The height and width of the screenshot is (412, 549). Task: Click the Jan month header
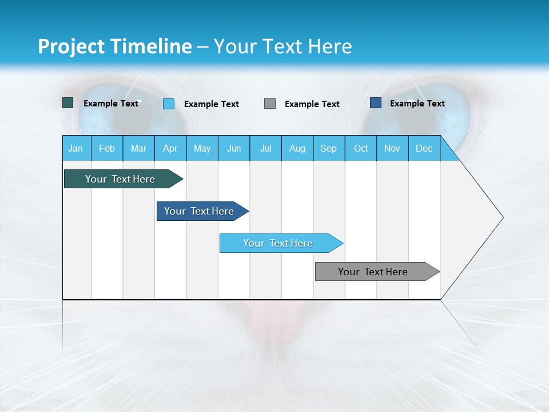click(76, 148)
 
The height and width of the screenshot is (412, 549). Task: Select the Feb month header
click(107, 148)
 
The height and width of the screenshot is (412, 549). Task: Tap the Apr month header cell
click(170, 148)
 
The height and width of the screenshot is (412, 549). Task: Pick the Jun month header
click(234, 148)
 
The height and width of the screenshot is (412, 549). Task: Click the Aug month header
click(297, 148)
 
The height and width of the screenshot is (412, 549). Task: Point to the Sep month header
click(329, 148)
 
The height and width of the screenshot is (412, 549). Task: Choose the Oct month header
click(361, 148)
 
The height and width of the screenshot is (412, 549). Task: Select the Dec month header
click(424, 148)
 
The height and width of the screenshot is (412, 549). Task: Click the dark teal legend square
click(68, 103)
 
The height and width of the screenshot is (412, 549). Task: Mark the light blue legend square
click(169, 104)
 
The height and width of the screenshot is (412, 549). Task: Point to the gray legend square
click(270, 104)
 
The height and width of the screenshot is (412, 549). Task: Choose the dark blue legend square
click(376, 103)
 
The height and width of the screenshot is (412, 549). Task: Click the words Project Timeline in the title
click(114, 46)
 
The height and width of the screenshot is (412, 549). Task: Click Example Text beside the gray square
click(312, 104)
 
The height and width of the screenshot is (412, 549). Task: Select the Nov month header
click(392, 148)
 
